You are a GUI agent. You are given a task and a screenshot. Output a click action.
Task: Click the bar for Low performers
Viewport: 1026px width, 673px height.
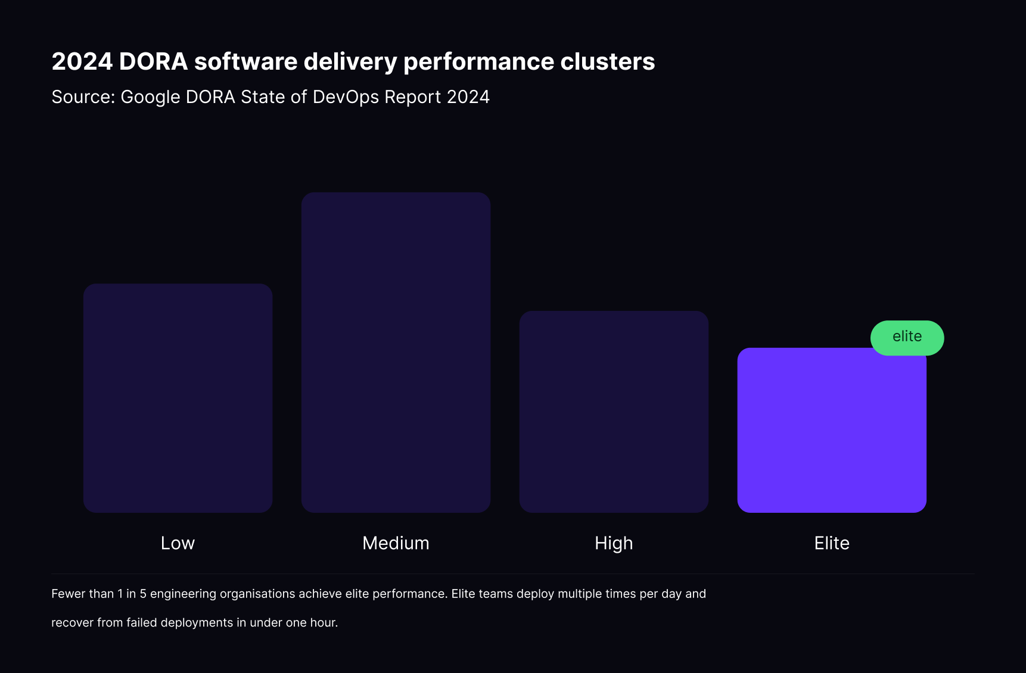click(178, 398)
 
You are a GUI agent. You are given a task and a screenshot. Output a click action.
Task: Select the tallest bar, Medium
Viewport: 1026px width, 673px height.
click(396, 352)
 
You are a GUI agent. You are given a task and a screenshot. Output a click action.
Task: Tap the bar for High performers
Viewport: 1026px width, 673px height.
click(614, 412)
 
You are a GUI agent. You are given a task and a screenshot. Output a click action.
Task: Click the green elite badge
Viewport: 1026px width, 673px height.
click(907, 338)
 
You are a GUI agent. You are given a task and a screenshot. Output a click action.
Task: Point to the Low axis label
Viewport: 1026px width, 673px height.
click(178, 543)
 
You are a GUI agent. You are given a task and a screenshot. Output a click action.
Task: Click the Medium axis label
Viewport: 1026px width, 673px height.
click(396, 543)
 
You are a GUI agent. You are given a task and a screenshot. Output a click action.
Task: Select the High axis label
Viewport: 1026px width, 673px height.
click(614, 543)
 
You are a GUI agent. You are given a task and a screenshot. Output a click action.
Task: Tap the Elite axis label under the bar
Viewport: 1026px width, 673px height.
click(832, 543)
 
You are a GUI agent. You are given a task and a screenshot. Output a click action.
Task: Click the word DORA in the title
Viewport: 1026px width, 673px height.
click(153, 62)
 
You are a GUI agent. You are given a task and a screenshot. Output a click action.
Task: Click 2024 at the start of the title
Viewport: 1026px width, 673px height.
click(82, 62)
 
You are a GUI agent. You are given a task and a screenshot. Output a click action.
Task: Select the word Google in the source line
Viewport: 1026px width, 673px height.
click(150, 97)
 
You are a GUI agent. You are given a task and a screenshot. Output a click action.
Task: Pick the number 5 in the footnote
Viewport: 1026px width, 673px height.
click(143, 594)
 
